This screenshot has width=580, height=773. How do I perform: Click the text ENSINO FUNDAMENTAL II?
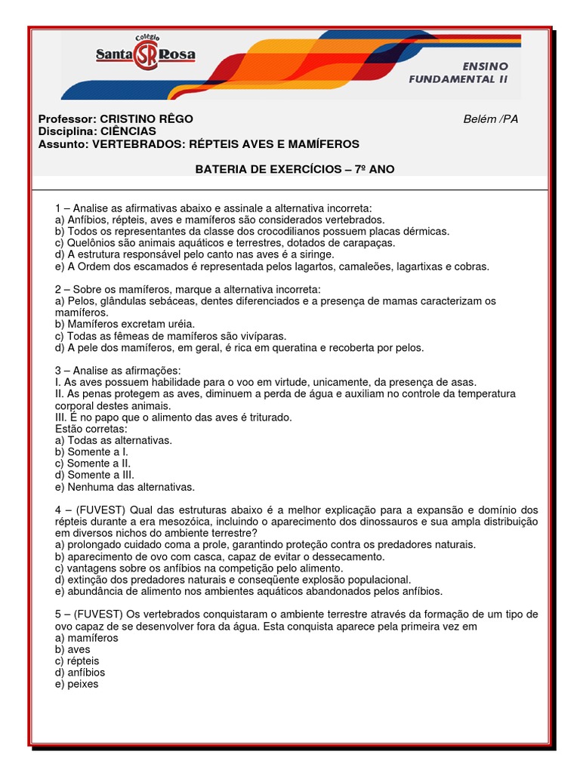click(x=458, y=72)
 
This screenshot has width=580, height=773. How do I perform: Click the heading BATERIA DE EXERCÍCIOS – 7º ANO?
click(x=295, y=169)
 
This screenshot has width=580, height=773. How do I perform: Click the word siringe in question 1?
click(x=296, y=254)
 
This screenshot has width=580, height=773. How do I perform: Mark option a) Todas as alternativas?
click(x=114, y=440)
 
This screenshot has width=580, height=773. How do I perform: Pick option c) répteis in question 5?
click(x=77, y=661)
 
